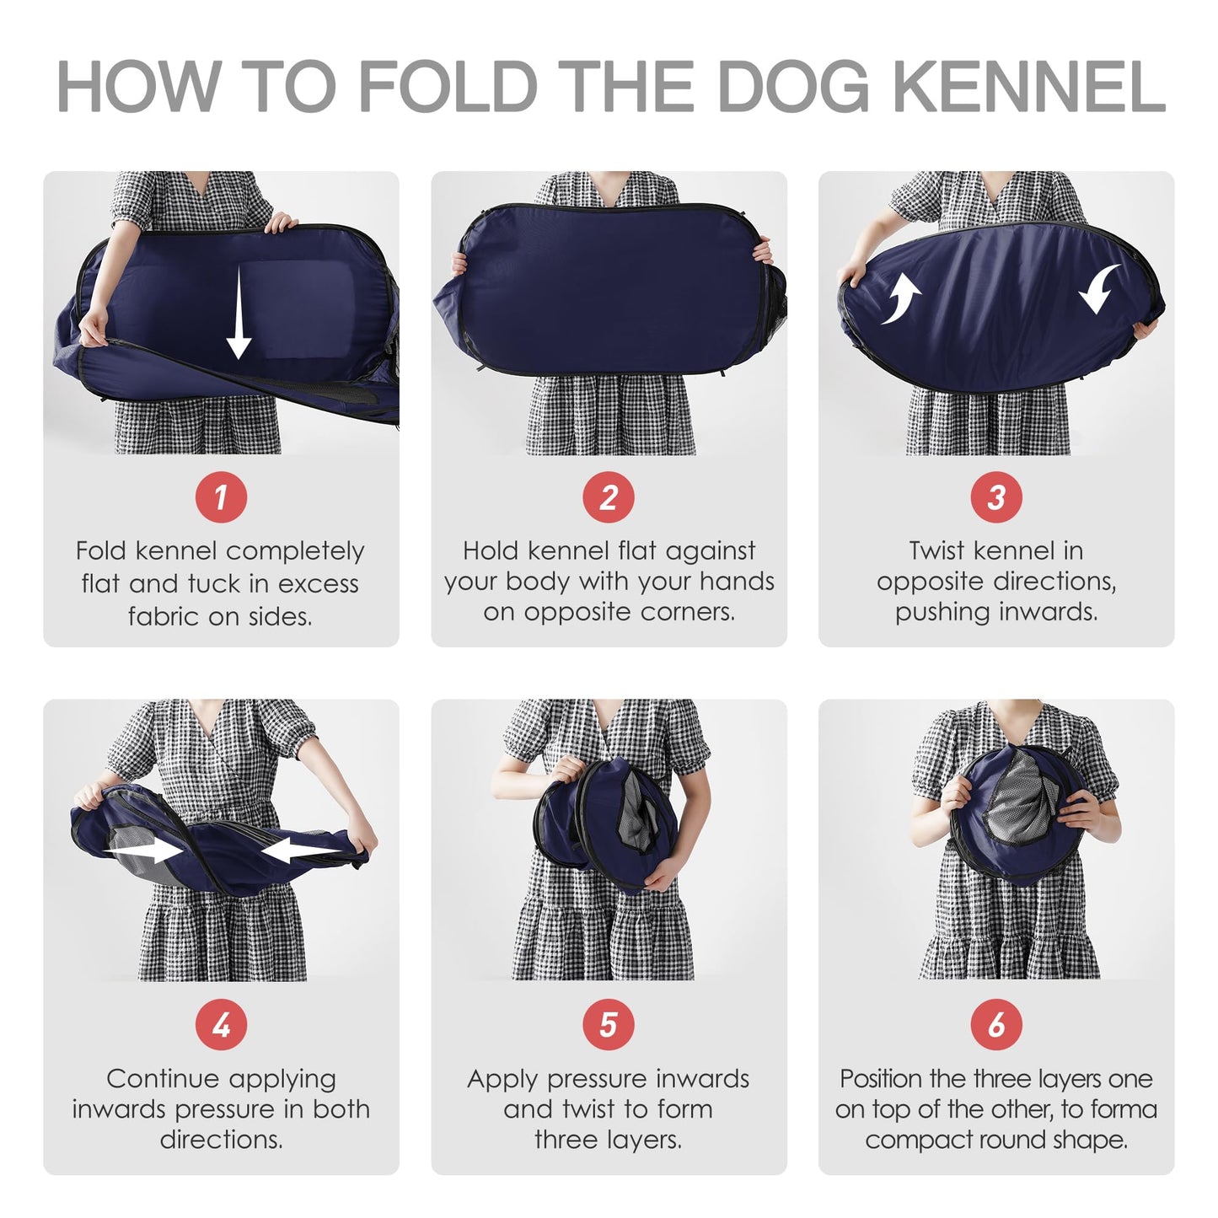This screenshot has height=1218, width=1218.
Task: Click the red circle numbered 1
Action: (x=221, y=496)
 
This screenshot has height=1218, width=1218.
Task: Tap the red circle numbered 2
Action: (x=608, y=496)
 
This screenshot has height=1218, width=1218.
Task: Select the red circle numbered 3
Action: (x=996, y=496)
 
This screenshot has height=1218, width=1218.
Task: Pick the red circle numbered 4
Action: (x=221, y=1024)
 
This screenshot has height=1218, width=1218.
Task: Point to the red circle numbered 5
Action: (x=608, y=1024)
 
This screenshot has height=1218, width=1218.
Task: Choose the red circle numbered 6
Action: (x=996, y=1024)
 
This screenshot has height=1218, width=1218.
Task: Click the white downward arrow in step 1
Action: (x=239, y=312)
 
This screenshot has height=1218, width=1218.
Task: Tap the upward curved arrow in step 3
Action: (x=902, y=298)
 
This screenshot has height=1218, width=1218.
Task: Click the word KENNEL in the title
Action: (x=1029, y=86)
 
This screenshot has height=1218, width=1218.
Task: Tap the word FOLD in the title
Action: (x=448, y=86)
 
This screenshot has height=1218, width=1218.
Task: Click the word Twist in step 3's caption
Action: (x=936, y=550)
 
